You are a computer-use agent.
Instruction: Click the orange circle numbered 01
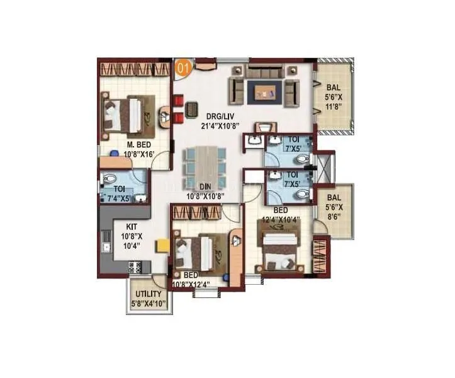pyautogui.click(x=182, y=67)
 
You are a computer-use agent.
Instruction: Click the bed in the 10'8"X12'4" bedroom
pyautogui.click(x=200, y=251)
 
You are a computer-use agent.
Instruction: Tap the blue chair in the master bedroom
pyautogui.click(x=115, y=153)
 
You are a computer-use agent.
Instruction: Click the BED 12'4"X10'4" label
pyautogui.click(x=281, y=215)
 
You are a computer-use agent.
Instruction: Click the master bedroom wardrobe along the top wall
pyautogui.click(x=134, y=67)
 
